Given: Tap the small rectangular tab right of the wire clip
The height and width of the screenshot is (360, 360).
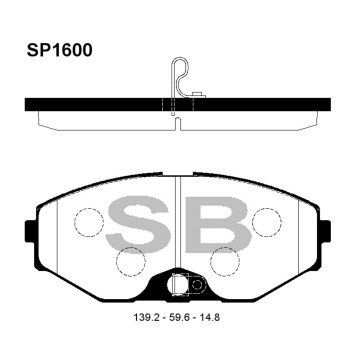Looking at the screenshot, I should [197, 96].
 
